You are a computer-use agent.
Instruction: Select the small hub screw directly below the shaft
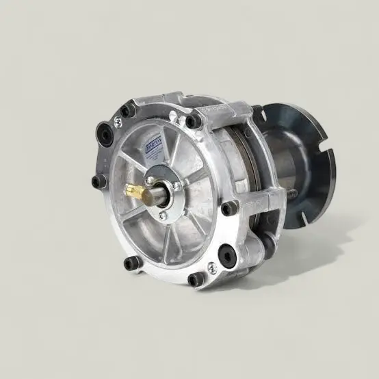tap(163, 215)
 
